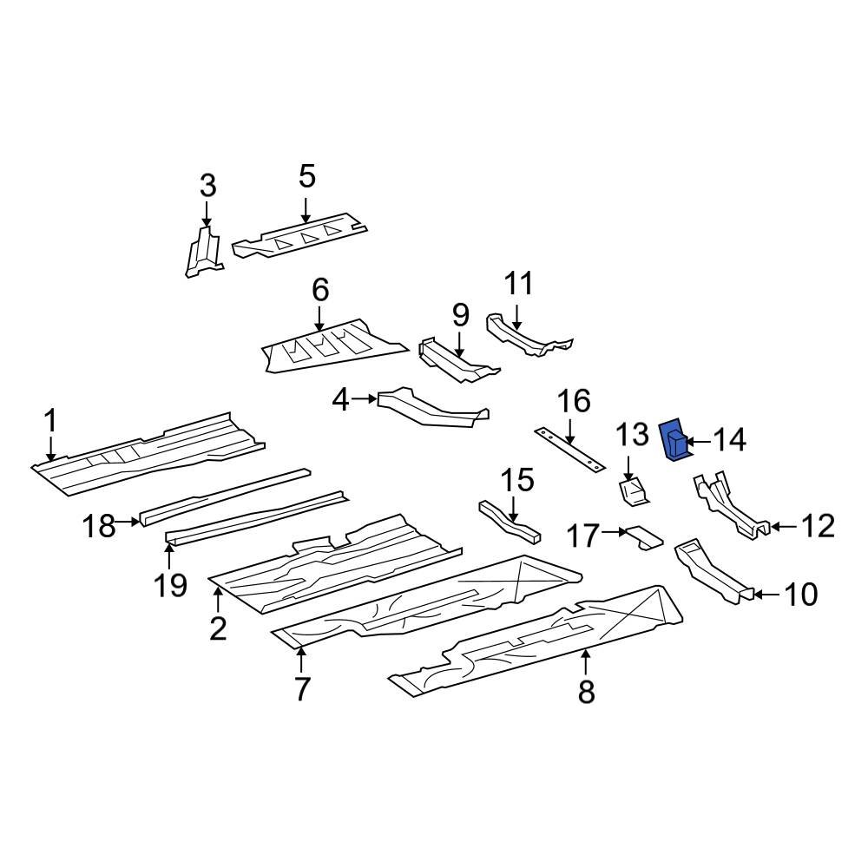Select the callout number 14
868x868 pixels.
[x=730, y=441]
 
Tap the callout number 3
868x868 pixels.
[x=207, y=185]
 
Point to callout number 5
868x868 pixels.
[x=306, y=176]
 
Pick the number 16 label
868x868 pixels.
[x=573, y=401]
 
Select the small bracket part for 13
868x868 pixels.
[x=634, y=491]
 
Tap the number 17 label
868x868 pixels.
[x=583, y=536]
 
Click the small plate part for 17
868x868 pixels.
[x=643, y=536]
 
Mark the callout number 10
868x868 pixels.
[x=800, y=595]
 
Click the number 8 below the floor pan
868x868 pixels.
[x=586, y=692]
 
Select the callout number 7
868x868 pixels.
[x=301, y=688]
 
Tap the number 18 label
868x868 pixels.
[x=100, y=525]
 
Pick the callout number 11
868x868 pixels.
[x=518, y=284]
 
